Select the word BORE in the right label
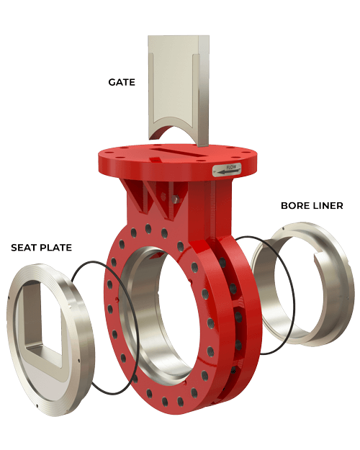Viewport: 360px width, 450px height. tap(294, 206)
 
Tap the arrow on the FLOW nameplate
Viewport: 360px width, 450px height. tap(231, 174)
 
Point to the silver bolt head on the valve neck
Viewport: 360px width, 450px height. tap(175, 195)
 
